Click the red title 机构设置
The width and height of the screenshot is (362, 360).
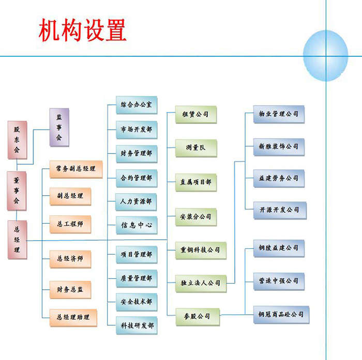(82, 31)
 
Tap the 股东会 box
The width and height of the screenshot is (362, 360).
(17, 140)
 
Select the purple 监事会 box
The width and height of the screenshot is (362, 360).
(59, 127)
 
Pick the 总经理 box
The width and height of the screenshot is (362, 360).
(17, 239)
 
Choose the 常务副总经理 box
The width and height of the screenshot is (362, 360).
(76, 169)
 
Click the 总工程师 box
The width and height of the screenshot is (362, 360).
(70, 224)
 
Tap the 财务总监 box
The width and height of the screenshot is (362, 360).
(70, 290)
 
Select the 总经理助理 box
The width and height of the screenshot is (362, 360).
(73, 317)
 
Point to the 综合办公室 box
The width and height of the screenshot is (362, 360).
(137, 105)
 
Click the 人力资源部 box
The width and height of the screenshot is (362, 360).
(137, 201)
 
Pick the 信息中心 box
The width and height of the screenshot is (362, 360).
(137, 225)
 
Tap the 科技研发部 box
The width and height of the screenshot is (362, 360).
(137, 325)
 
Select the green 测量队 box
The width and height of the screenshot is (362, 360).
(195, 148)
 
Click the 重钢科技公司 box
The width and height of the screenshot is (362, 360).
(201, 249)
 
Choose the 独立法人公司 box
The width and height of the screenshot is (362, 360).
(201, 283)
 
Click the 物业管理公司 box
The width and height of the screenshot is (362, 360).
(279, 114)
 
